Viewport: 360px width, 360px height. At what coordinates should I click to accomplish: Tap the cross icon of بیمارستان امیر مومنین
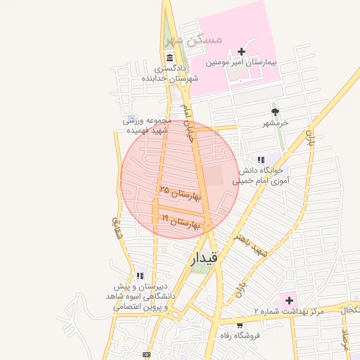[242, 51]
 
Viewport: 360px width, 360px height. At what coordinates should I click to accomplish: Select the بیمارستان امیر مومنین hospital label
[242, 63]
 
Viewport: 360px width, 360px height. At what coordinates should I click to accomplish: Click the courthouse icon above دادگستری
[169, 58]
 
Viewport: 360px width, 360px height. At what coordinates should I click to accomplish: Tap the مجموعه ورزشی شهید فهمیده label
[148, 126]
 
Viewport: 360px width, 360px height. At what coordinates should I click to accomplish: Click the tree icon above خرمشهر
[275, 112]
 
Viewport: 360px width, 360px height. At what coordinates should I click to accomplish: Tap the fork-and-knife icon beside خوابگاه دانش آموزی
[261, 160]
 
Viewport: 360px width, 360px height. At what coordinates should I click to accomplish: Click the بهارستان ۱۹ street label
[181, 222]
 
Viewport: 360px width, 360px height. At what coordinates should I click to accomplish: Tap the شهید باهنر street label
[252, 242]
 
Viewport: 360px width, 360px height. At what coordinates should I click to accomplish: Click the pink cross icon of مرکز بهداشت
[288, 300]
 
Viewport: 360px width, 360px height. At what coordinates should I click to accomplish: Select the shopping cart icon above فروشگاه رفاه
[240, 326]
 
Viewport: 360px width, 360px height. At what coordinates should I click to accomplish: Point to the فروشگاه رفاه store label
[240, 335]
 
